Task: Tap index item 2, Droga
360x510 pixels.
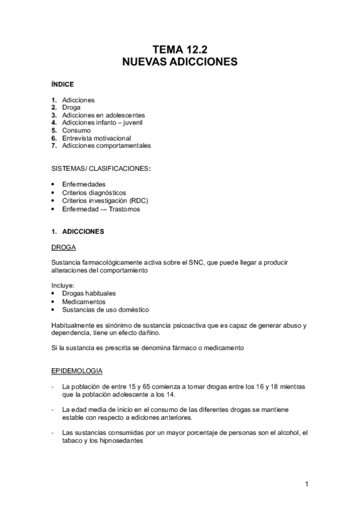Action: pos(71,107)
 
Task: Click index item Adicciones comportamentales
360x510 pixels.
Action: pos(106,146)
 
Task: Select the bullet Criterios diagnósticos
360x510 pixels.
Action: pos(94,192)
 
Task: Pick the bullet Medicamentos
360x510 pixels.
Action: pos(84,301)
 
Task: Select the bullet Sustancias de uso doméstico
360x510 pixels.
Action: pos(105,309)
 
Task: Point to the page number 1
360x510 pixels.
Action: pos(307,484)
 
